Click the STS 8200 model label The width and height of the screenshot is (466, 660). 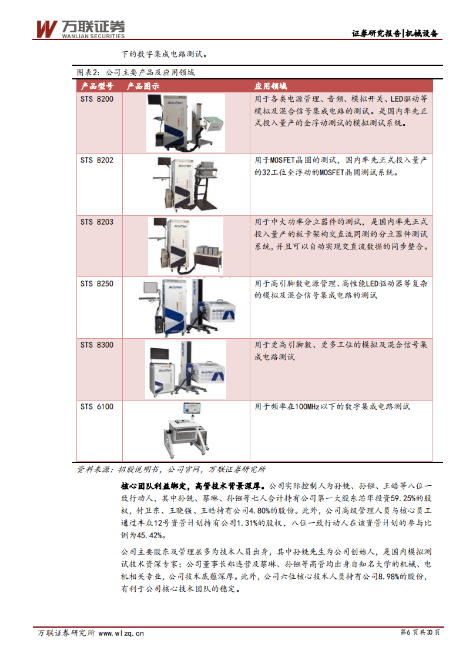(x=97, y=99)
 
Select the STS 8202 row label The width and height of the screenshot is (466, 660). (x=97, y=160)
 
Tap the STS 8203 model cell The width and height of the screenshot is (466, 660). (x=97, y=222)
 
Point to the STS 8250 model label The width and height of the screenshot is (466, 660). (x=97, y=284)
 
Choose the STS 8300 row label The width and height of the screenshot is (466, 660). (x=97, y=345)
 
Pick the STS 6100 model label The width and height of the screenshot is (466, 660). (x=97, y=406)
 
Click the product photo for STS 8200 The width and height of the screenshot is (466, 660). (x=185, y=121)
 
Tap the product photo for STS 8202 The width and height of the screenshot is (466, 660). (x=185, y=183)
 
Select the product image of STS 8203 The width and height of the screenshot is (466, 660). (x=185, y=245)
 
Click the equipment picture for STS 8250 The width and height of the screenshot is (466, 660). (x=185, y=306)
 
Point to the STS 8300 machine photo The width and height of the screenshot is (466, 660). (x=185, y=369)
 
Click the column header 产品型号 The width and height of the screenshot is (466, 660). (x=97, y=86)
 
